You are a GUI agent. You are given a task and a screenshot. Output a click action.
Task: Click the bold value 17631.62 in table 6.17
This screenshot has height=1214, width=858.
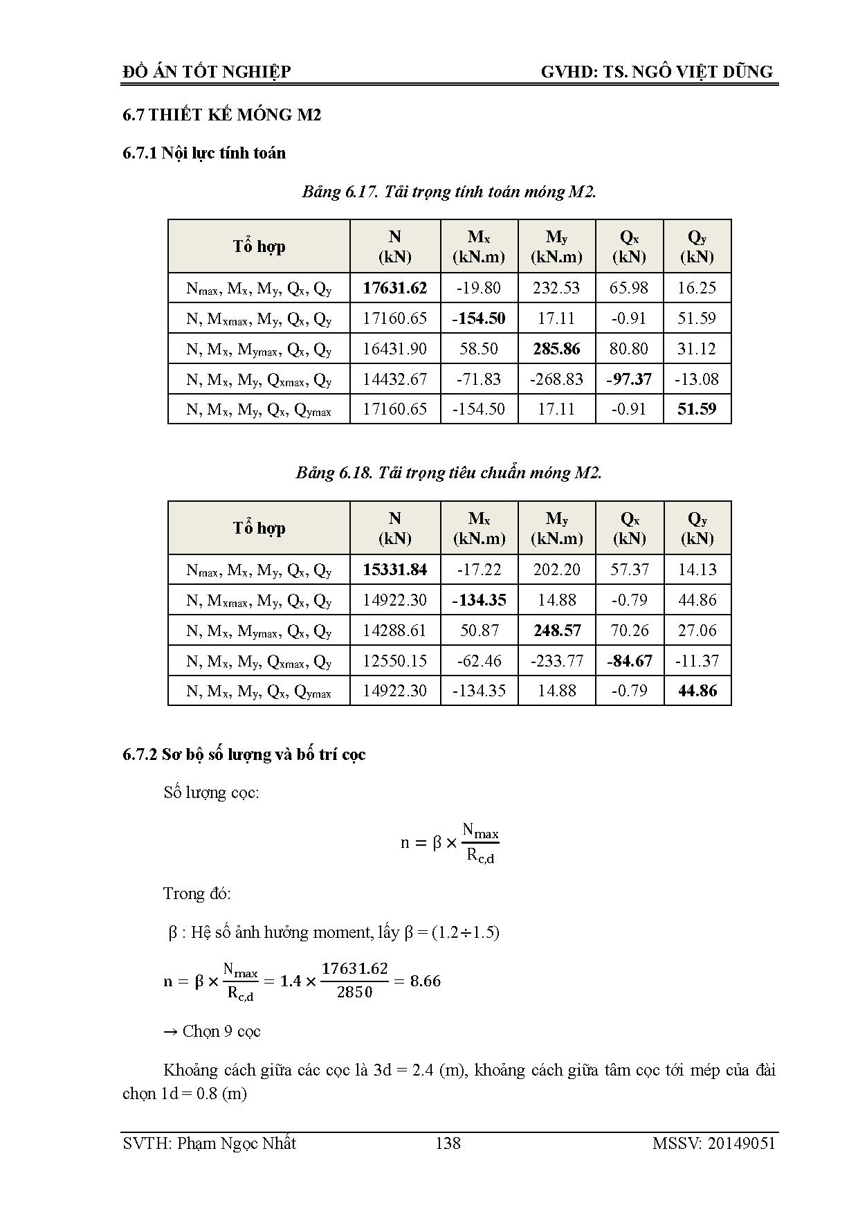pos(394,288)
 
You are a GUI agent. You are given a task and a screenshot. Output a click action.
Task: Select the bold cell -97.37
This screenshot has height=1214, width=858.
pos(628,379)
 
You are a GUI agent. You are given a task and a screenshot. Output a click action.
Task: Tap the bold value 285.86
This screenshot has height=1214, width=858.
pos(556,349)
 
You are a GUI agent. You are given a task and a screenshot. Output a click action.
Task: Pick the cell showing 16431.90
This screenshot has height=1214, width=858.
pos(394,349)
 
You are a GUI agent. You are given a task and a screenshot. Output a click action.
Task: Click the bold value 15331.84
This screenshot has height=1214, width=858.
pos(394,570)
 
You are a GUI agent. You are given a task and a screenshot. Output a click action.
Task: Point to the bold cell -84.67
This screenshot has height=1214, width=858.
pos(629,661)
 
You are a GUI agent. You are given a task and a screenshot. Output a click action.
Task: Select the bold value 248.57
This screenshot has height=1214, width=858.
pos(556,631)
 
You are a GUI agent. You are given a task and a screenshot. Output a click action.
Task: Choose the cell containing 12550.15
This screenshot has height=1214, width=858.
pos(394,661)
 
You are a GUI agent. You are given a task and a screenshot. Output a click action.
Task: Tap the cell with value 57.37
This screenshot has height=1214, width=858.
pos(629,570)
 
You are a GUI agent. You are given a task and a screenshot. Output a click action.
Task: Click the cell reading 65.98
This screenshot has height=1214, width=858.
pos(628,288)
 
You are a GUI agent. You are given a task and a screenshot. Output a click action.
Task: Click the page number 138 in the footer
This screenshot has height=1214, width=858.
pos(448,1143)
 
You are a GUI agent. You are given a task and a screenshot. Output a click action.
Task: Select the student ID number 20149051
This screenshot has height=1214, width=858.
pos(741,1143)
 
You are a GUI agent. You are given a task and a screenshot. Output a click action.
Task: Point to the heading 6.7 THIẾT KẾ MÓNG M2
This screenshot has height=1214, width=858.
pos(221,115)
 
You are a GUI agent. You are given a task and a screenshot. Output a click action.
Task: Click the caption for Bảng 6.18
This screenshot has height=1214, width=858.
pos(448,473)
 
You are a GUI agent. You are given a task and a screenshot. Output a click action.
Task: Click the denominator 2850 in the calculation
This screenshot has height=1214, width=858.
pos(354,993)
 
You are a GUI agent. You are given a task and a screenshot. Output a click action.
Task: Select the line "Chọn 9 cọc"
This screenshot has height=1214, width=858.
pos(212,1031)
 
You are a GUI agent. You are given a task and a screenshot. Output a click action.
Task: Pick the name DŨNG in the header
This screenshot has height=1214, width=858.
pos(749,71)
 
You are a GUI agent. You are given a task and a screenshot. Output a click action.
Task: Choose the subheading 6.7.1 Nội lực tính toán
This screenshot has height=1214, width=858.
pos(204,153)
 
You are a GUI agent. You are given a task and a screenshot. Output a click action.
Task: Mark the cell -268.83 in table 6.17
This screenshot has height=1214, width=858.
pos(556,379)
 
